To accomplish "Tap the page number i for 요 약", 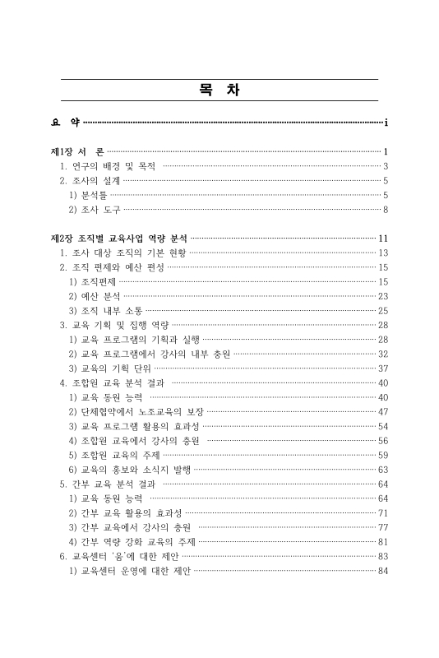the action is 386,123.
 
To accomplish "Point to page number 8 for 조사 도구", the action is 385,210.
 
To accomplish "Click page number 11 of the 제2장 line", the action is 382,239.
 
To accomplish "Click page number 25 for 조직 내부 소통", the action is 382,310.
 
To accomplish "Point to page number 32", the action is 382,354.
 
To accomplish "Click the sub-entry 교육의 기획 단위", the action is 110,368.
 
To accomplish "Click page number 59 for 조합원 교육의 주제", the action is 382,454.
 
